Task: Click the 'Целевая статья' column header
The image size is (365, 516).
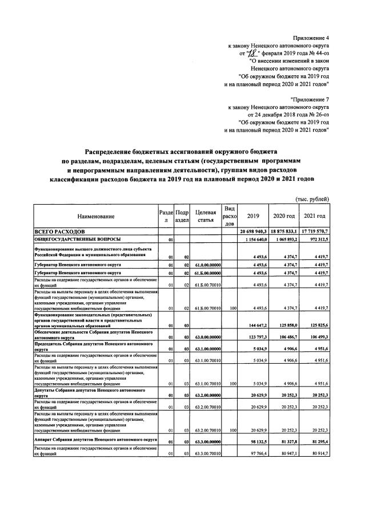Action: pos(204,216)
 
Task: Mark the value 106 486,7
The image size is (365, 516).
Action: pos(286,338)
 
